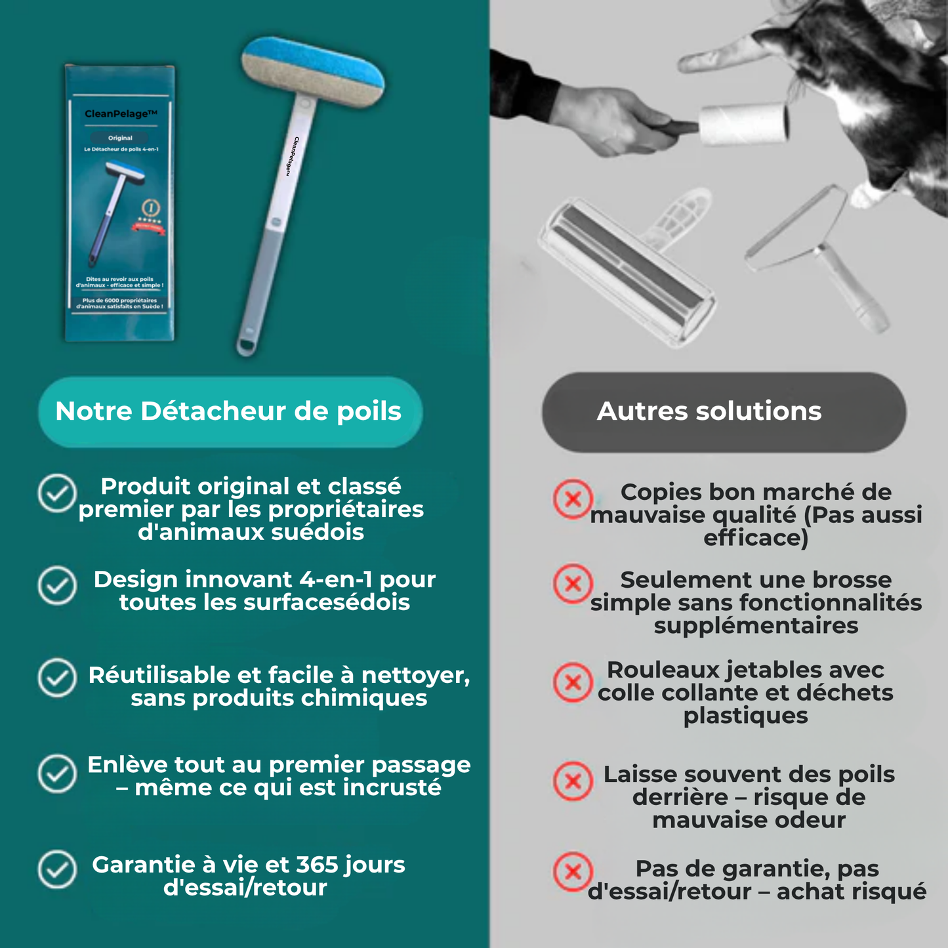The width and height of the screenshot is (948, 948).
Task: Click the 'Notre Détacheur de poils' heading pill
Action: tap(230, 412)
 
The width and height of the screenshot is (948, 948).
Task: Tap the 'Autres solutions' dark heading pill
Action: tap(724, 412)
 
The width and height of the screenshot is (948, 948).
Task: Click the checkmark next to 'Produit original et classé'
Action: tap(57, 493)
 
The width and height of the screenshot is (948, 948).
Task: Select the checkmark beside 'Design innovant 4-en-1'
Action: tap(57, 585)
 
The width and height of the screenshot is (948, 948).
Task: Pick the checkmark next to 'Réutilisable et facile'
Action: tap(57, 678)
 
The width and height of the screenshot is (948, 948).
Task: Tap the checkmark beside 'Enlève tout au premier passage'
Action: tap(57, 773)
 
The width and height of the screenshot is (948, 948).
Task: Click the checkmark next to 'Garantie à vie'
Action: tap(57, 869)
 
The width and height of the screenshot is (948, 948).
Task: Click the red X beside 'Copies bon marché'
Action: tap(573, 499)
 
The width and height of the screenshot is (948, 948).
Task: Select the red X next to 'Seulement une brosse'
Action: tap(573, 583)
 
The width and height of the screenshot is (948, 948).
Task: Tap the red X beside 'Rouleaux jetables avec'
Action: tap(573, 682)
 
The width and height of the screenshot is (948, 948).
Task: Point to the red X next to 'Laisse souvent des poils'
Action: tap(573, 781)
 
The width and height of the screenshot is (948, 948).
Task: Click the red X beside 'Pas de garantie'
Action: tap(573, 872)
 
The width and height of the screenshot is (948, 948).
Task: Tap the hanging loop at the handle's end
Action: tap(247, 344)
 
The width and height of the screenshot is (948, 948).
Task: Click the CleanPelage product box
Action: tap(120, 203)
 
